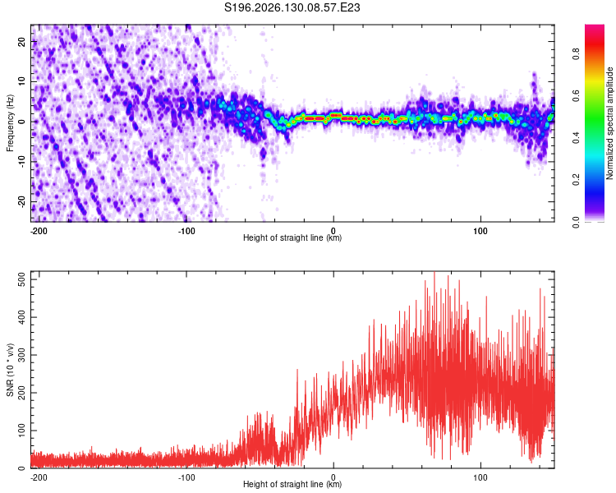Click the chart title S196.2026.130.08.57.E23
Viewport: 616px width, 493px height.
tap(292, 7)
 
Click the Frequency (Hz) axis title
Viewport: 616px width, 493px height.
tap(10, 122)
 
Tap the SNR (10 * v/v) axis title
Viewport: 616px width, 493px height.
tap(10, 370)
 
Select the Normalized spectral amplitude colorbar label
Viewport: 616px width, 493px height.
tap(609, 123)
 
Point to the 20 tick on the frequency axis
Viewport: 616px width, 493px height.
tap(21, 41)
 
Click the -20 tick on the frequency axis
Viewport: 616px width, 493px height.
tap(21, 201)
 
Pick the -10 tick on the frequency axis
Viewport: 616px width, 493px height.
tap(21, 162)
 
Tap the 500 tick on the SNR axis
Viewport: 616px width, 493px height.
tap(22, 279)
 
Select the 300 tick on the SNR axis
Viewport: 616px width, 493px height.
tap(22, 355)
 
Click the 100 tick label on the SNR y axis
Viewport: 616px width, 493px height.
tap(22, 431)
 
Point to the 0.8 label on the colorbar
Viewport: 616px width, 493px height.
tap(576, 53)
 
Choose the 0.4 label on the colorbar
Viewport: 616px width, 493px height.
tap(576, 137)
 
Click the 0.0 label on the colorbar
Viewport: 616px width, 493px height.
tap(576, 222)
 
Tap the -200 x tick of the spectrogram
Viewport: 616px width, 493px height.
tap(39, 231)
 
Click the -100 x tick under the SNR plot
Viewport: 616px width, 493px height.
tap(186, 477)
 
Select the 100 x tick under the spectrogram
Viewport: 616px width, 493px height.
tap(480, 231)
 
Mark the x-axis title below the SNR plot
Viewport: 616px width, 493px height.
tap(292, 484)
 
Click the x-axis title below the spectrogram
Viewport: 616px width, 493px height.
tap(292, 237)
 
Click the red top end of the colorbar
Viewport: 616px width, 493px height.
tap(595, 27)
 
